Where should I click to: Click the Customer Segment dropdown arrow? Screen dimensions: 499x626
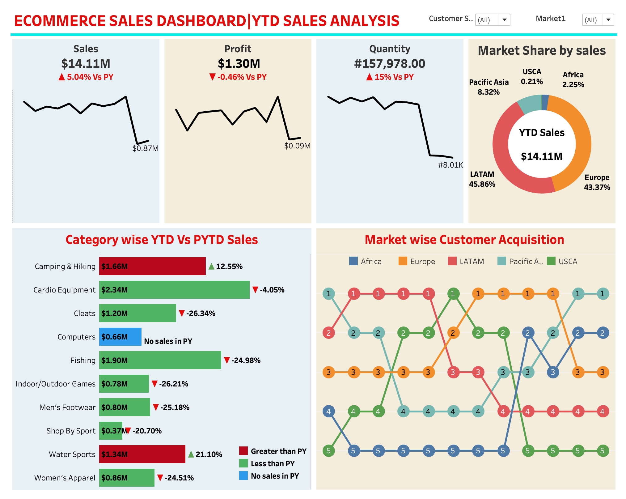pyautogui.click(x=504, y=20)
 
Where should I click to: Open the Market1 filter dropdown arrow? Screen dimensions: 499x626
pyautogui.click(x=608, y=20)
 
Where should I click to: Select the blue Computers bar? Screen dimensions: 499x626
pyautogui.click(x=120, y=337)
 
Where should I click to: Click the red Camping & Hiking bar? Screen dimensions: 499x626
pyautogui.click(x=152, y=266)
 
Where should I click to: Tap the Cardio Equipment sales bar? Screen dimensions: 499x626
pyautogui.click(x=174, y=290)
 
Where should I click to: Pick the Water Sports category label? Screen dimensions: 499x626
pyautogui.click(x=72, y=454)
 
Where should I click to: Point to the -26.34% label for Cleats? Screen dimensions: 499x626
pyautogui.click(x=201, y=313)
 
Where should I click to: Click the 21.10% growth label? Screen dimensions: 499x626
pyautogui.click(x=209, y=454)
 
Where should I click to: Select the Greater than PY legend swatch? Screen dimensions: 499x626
pyautogui.click(x=243, y=451)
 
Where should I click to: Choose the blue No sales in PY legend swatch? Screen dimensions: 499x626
pyautogui.click(x=243, y=476)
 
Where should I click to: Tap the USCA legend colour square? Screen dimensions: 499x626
pyautogui.click(x=551, y=261)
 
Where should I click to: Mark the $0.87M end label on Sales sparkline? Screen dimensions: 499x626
pyautogui.click(x=145, y=148)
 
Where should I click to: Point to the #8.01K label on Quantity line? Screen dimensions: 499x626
pyautogui.click(x=450, y=165)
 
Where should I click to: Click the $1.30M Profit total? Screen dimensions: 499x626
pyautogui.click(x=239, y=64)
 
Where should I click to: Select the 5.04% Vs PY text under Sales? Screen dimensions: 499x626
pyautogui.click(x=90, y=77)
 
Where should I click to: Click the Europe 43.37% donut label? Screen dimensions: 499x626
pyautogui.click(x=597, y=182)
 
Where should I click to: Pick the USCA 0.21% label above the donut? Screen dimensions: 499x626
pyautogui.click(x=532, y=77)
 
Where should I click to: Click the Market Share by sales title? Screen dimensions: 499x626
pyautogui.click(x=542, y=50)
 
